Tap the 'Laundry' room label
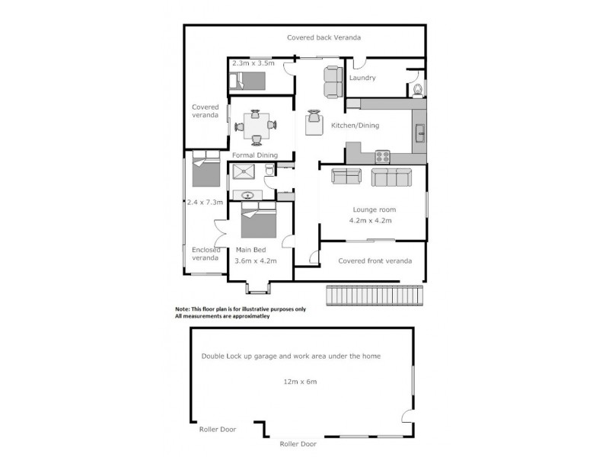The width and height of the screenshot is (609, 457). coord(362,78)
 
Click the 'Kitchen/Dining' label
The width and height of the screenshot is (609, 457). coord(355,126)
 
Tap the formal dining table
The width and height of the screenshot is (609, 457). coord(255,126)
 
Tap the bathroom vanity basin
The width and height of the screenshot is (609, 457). coord(248,196)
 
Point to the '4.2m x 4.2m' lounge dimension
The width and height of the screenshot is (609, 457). coord(371,222)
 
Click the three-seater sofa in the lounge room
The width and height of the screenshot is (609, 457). coord(391,177)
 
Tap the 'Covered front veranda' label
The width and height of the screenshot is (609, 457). coord(375,260)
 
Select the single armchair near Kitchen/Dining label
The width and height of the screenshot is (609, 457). coord(314,121)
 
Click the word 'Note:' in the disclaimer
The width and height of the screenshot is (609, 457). coord(186,308)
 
